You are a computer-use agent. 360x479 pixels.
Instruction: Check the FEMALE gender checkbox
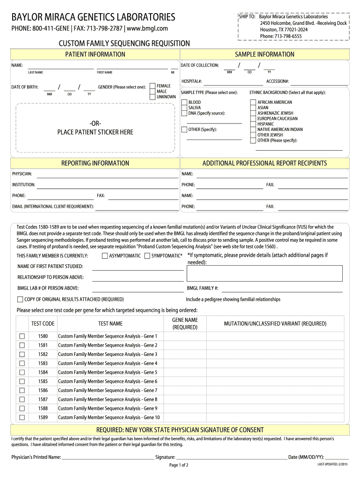pos(152,86)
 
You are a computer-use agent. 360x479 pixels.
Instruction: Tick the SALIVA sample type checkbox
pos(184,108)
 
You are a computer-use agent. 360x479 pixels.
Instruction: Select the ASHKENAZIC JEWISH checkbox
pos(253,113)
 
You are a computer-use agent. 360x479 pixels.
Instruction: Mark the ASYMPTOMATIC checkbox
pos(105,256)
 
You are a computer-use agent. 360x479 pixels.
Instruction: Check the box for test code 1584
pos(22,372)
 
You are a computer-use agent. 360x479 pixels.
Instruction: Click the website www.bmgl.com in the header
pos(147,29)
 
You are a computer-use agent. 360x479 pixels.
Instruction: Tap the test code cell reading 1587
pos(43,399)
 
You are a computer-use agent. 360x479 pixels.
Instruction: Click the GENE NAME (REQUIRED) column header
pos(185,324)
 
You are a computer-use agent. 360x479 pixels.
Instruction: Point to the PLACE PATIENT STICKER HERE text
pos(95,132)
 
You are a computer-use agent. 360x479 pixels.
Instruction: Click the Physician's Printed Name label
pos(36,457)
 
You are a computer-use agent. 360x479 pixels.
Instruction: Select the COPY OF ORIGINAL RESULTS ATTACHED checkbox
pos(20,299)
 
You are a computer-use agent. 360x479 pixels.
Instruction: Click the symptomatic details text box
pos(265,273)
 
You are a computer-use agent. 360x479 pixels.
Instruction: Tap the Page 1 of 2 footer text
pos(179,465)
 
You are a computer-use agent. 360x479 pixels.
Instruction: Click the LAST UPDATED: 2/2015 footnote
pos(332,464)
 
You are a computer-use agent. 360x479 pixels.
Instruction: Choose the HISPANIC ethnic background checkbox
pos(253,124)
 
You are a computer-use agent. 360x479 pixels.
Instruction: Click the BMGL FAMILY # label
pos(202,289)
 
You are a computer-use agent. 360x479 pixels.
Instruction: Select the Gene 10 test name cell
pos(108,417)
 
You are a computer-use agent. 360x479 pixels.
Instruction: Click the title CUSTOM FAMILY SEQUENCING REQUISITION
pos(124,44)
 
